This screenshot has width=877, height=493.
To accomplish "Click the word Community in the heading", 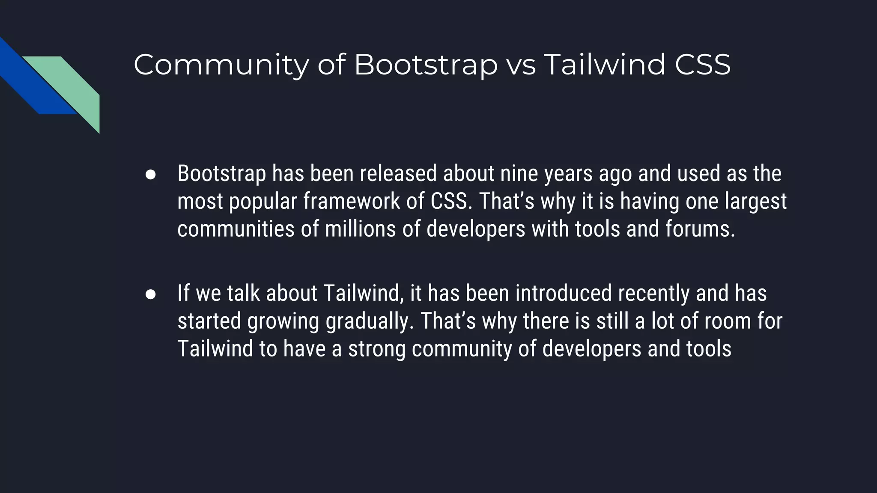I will (221, 65).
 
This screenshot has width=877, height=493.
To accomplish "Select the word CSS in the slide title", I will (702, 65).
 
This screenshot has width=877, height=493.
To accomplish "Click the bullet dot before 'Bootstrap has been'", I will (150, 175).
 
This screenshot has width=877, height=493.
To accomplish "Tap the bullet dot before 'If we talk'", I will (150, 294).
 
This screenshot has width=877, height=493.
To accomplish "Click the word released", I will (398, 174).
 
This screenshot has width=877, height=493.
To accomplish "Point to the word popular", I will (263, 202).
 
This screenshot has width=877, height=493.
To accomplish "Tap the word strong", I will (376, 349).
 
